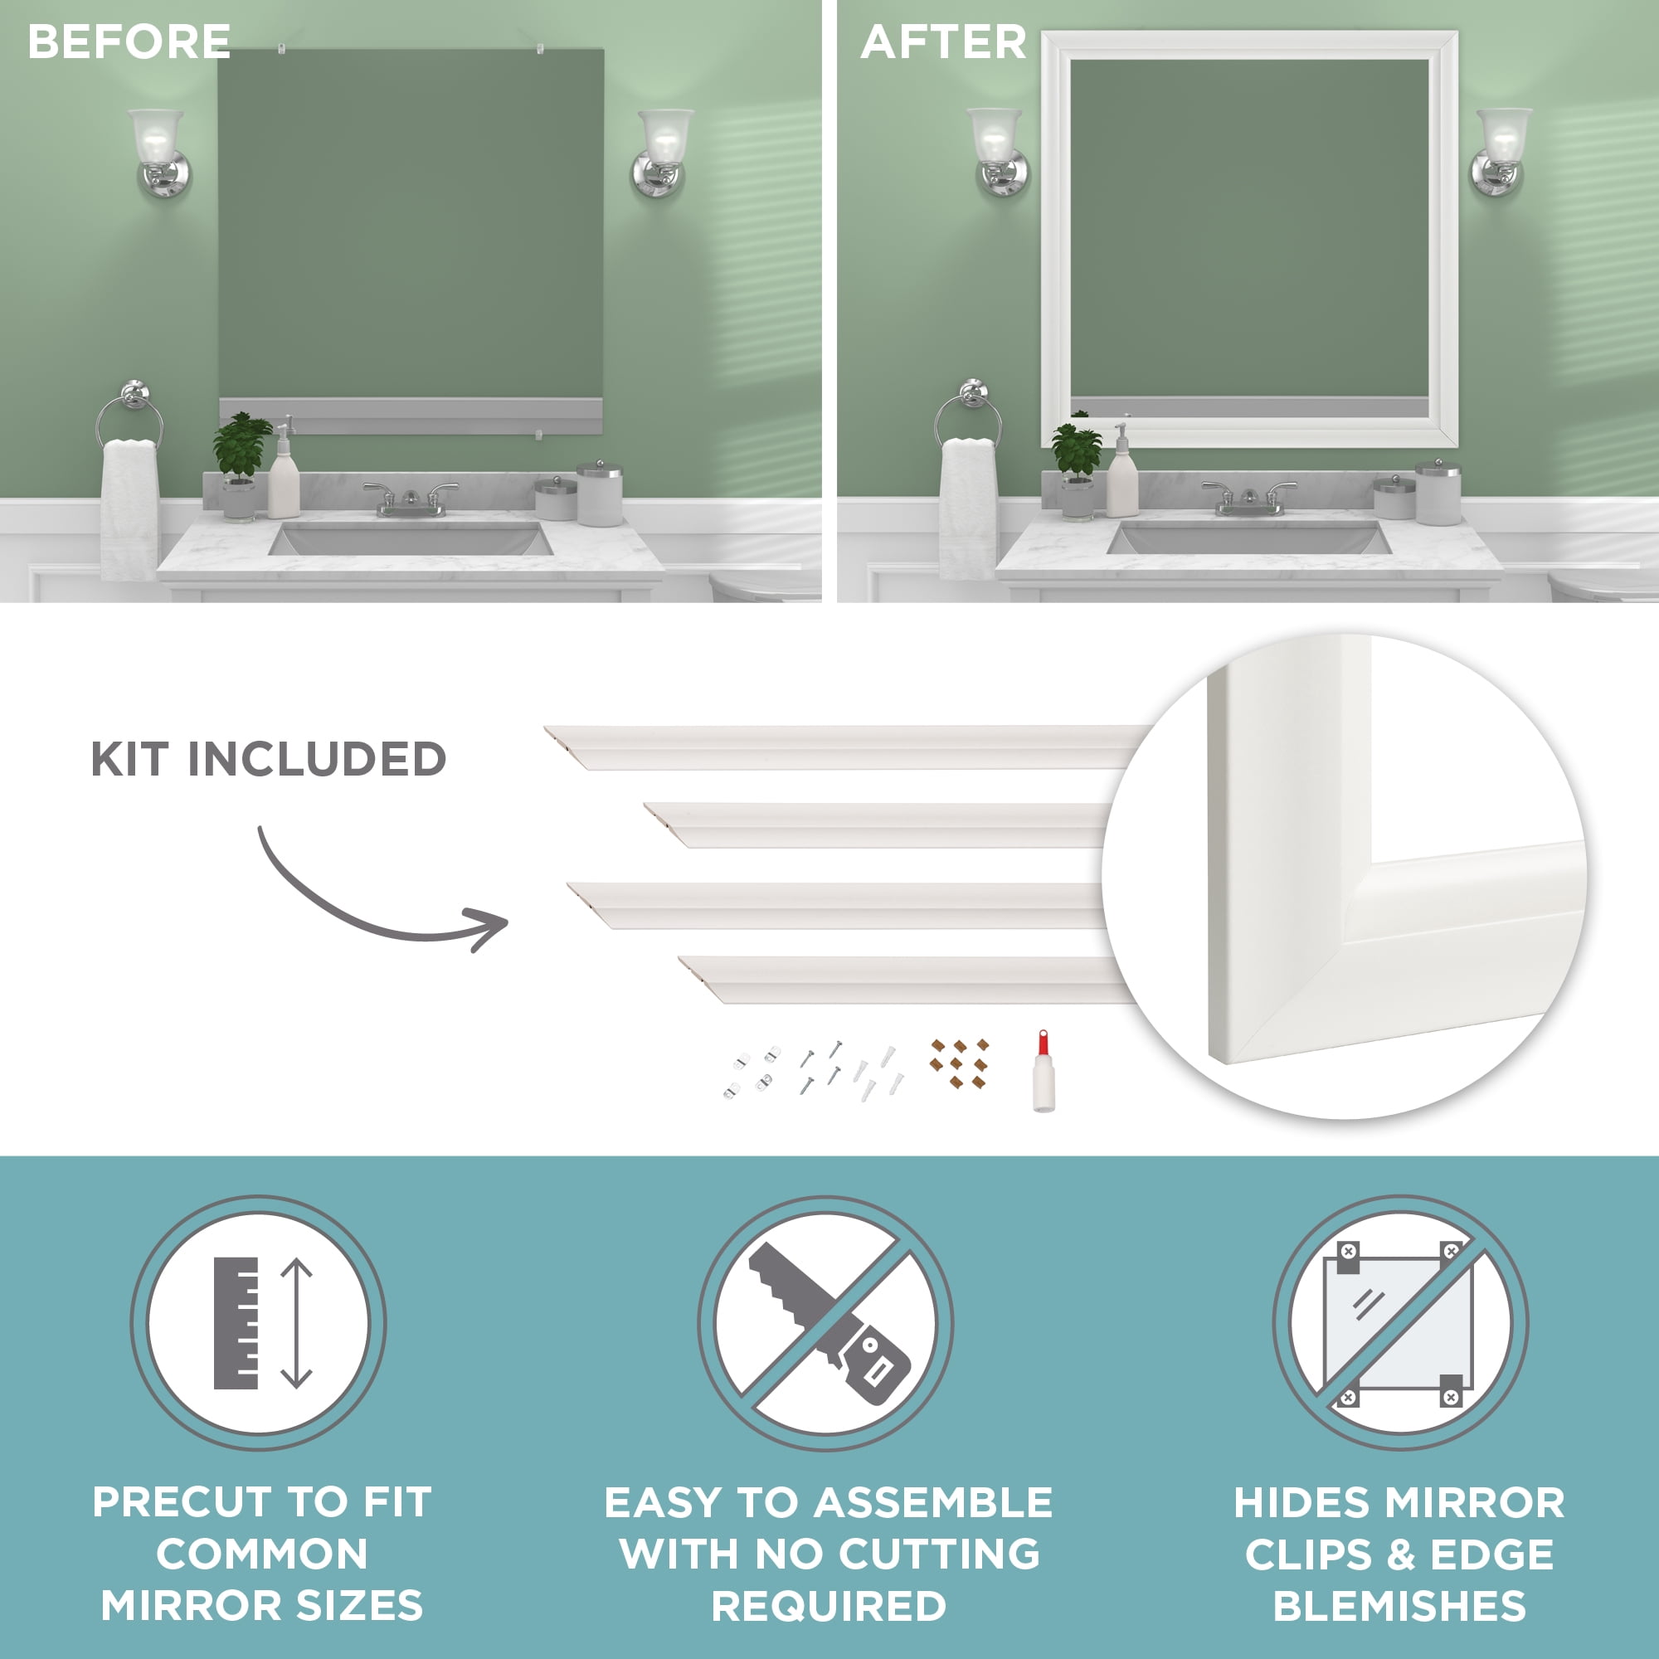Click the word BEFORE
click(129, 41)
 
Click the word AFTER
click(943, 41)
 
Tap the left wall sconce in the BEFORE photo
click(160, 153)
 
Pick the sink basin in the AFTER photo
click(1248, 538)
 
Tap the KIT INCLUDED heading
click(269, 759)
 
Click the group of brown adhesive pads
click(959, 1063)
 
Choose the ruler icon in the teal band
click(236, 1323)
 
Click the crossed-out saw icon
click(826, 1322)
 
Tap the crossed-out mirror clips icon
click(1399, 1322)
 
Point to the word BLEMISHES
click(1399, 1607)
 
